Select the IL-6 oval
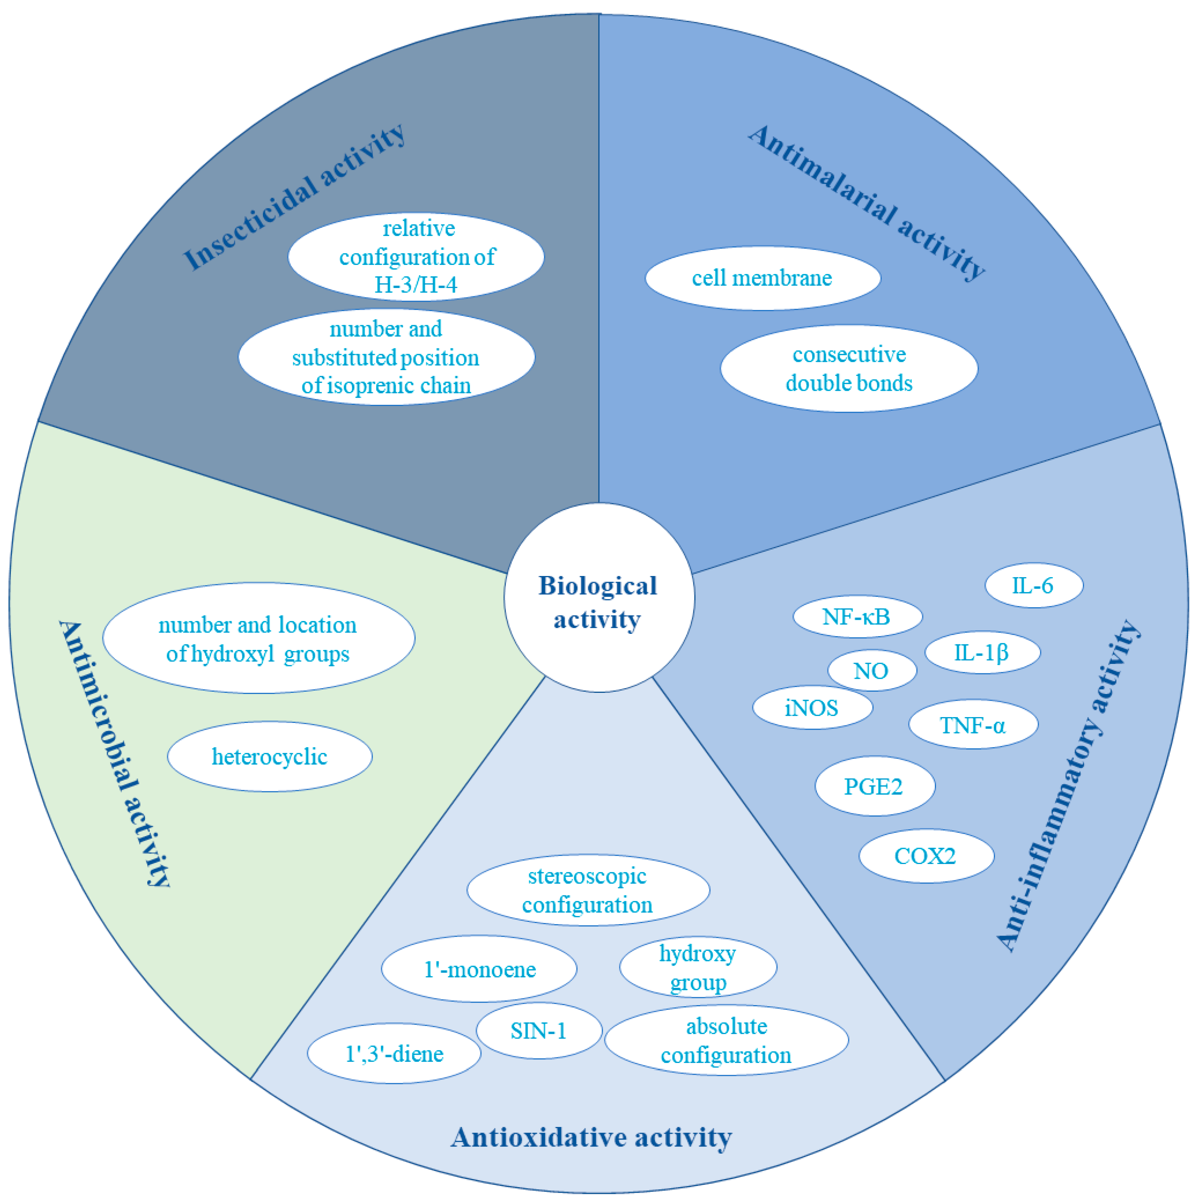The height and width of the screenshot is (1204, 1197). click(1033, 585)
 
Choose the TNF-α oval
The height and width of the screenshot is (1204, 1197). click(973, 725)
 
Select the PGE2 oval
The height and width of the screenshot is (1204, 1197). click(874, 787)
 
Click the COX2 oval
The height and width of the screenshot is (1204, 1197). click(925, 856)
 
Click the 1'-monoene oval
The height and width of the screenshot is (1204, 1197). click(479, 970)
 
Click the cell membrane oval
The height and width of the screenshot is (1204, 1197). click(762, 278)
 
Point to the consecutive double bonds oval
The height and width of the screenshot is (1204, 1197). click(849, 368)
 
